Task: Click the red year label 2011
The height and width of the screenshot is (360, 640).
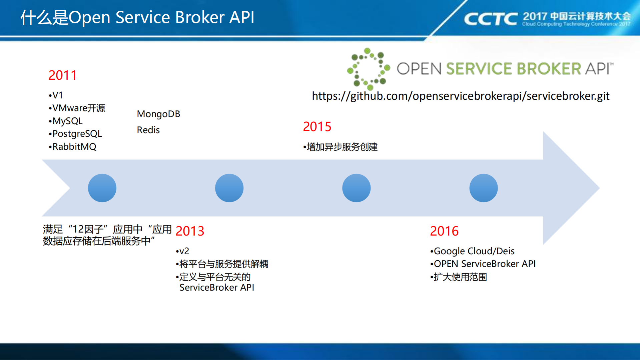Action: point(62,75)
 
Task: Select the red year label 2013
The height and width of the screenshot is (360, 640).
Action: point(190,231)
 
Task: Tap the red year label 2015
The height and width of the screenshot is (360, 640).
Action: point(317,126)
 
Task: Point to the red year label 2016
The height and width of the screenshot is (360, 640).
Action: point(444,231)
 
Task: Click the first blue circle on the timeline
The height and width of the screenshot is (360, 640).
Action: point(102,188)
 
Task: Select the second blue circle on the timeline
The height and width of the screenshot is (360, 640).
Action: point(229,188)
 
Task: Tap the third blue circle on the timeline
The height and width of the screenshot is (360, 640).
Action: point(356,188)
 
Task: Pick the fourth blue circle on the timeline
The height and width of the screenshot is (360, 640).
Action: point(483,188)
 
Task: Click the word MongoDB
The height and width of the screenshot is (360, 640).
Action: point(158,114)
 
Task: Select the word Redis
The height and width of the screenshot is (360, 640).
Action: point(148,130)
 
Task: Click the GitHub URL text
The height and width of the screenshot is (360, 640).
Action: point(460,96)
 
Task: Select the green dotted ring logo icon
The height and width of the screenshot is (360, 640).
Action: point(368,69)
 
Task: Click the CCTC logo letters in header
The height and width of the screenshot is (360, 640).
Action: point(491,19)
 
